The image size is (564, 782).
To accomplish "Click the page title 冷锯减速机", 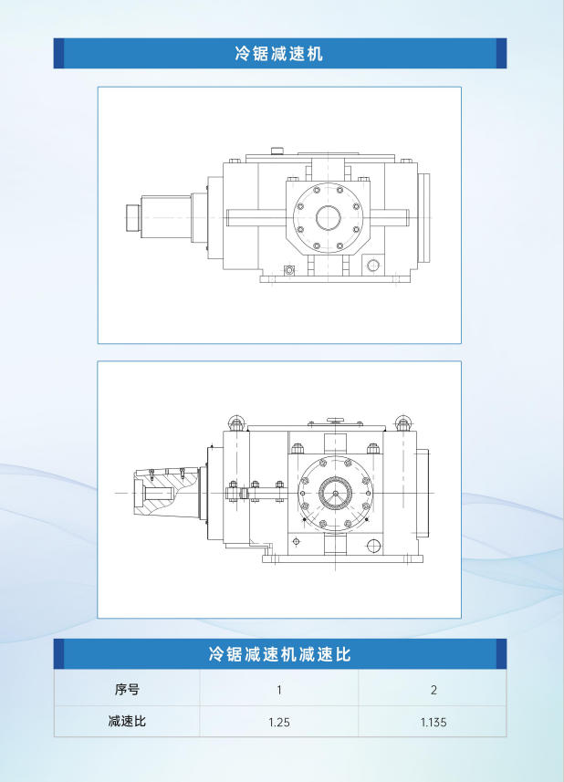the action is tap(279, 53).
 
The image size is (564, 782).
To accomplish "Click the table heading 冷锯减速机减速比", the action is tap(280, 654).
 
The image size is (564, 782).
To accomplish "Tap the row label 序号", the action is tap(127, 690).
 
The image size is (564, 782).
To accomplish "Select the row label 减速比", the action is tap(127, 721).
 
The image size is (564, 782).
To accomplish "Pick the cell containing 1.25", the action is tap(278, 722).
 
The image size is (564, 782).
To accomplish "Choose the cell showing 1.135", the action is tap(433, 722).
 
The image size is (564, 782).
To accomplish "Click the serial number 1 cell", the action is tap(278, 690).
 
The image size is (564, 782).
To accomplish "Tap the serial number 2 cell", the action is tap(433, 690).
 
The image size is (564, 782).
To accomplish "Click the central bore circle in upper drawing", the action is tap(329, 218).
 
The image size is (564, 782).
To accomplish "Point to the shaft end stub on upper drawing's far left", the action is tap(133, 218).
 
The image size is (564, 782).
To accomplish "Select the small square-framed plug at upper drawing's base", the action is tap(289, 270).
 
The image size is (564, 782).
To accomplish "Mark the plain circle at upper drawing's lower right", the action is tap(373, 266).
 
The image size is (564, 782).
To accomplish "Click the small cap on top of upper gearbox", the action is tap(277, 151).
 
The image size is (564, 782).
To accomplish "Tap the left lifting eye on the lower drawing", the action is tap(235, 422).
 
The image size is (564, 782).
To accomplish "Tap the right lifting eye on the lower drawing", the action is tap(403, 422).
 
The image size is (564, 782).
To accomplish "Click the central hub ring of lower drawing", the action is tap(335, 493).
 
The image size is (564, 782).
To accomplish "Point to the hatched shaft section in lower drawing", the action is tap(164, 493).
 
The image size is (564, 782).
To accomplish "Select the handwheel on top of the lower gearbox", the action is tap(335, 420).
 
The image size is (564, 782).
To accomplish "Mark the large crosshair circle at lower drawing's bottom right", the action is tap(372, 546).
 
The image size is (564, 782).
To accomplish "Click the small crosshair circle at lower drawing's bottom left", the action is tap(297, 541).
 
